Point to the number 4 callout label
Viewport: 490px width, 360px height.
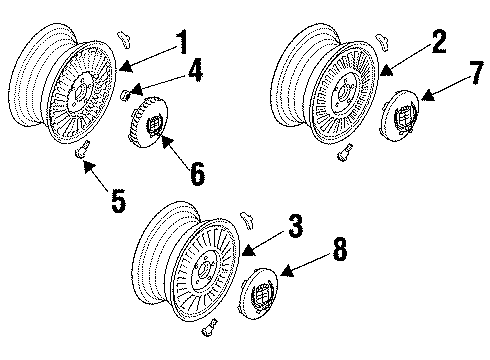click(x=195, y=72)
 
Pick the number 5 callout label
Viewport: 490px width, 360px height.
click(x=117, y=201)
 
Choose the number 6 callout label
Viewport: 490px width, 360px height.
click(x=197, y=173)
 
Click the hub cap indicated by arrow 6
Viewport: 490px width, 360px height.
click(x=150, y=124)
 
